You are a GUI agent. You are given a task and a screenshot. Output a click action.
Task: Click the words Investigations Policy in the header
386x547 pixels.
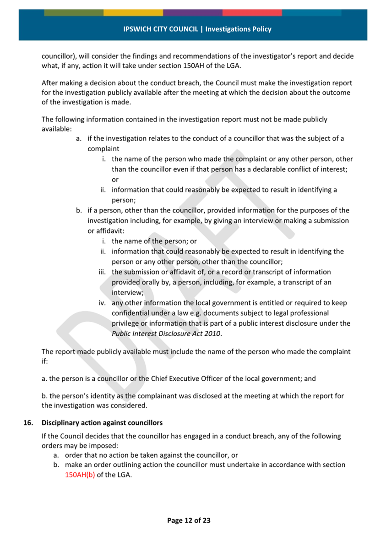[x=238, y=29]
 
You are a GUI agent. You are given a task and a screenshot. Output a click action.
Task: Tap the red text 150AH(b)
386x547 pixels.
[x=80, y=475]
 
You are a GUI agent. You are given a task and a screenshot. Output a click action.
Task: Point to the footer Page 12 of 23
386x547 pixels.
[x=189, y=520]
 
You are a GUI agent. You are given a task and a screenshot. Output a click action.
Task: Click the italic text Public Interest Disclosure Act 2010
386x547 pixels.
[x=167, y=334]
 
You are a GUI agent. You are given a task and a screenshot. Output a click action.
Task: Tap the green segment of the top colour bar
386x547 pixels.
[x=74, y=13]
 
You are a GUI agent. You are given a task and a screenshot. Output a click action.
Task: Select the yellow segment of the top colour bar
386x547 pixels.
[x=133, y=13]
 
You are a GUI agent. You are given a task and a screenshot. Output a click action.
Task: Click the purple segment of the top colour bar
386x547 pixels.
[x=193, y=13]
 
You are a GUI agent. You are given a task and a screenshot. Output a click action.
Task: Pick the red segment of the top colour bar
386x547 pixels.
[x=252, y=13]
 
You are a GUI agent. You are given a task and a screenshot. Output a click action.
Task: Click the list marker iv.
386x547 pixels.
[x=103, y=303]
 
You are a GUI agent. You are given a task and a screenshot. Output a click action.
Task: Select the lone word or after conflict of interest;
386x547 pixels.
[x=115, y=180]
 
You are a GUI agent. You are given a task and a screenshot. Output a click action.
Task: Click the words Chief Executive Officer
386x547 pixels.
[x=183, y=379]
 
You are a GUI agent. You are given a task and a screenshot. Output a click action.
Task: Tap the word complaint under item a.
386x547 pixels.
[x=103, y=148]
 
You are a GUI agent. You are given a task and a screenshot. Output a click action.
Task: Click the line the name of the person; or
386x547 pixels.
[x=154, y=241]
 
